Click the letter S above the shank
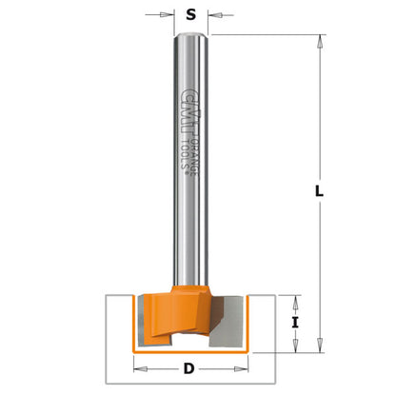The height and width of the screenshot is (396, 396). tap(192, 14)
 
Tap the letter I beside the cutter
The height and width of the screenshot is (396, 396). tap(296, 322)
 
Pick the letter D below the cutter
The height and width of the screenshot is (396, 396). tap(189, 369)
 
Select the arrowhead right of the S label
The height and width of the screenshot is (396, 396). tap(214, 15)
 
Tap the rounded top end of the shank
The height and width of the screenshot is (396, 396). tap(190, 36)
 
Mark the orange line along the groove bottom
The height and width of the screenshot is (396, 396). tap(190, 351)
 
